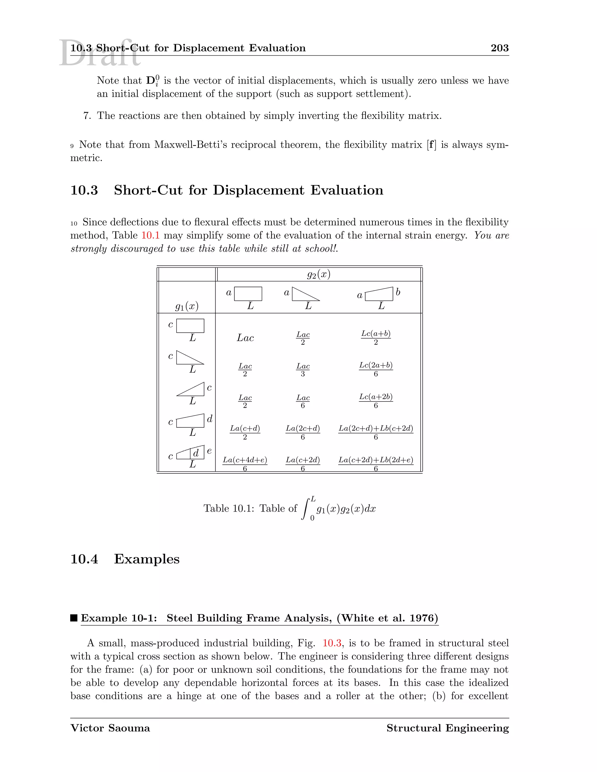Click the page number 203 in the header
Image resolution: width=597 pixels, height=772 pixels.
point(499,48)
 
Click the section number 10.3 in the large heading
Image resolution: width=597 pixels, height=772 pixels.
point(84,190)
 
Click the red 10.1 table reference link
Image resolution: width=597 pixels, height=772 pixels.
point(150,235)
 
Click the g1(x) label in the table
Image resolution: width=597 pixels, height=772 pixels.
point(187,306)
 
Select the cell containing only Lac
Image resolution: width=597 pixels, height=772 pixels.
point(245,338)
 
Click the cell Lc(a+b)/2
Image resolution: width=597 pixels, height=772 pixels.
point(375,338)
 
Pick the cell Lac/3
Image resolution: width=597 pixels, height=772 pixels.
point(303,370)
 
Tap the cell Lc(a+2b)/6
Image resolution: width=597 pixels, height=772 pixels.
point(375,401)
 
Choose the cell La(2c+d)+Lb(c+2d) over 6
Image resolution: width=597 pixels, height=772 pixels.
point(375,432)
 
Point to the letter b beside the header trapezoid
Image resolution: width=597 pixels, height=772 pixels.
point(398,292)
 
